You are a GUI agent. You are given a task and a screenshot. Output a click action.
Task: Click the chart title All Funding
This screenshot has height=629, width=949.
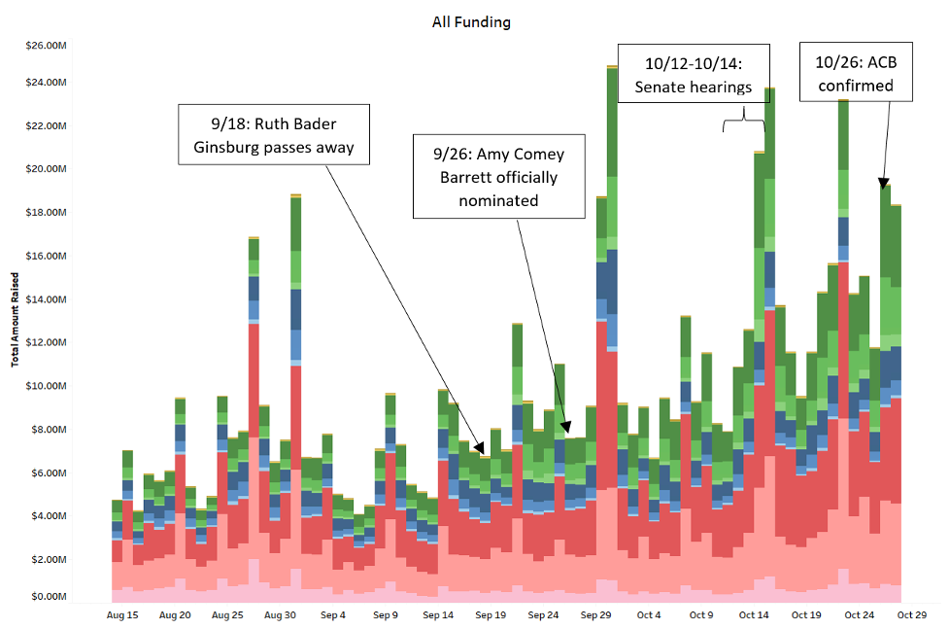tap(471, 22)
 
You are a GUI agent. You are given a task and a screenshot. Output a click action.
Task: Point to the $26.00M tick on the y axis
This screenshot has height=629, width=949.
tap(46, 45)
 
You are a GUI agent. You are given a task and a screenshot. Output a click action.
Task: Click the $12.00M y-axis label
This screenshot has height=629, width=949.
tap(46, 342)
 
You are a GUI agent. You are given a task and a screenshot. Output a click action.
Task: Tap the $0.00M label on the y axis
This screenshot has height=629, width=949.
tap(49, 596)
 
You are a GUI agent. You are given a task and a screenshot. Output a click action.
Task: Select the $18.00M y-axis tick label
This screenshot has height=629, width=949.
tap(46, 212)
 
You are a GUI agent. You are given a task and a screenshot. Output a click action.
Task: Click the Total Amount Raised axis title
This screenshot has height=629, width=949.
tap(15, 319)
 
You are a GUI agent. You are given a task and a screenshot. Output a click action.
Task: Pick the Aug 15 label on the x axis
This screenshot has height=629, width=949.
tap(122, 615)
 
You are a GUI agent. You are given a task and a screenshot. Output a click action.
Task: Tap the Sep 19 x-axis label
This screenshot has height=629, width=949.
tap(491, 615)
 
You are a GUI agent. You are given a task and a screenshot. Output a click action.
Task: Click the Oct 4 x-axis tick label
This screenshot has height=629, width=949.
tap(649, 615)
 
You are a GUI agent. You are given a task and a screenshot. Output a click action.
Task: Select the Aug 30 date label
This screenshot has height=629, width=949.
tap(280, 615)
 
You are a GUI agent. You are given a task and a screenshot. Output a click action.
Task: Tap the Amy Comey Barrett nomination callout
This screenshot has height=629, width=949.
tap(499, 176)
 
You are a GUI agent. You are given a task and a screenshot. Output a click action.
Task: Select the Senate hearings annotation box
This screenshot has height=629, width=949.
tap(694, 75)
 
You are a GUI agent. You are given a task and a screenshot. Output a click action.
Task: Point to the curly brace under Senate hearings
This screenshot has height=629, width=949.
tap(744, 119)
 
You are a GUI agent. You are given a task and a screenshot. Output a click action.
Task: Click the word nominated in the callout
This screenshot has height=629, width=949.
tap(499, 201)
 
